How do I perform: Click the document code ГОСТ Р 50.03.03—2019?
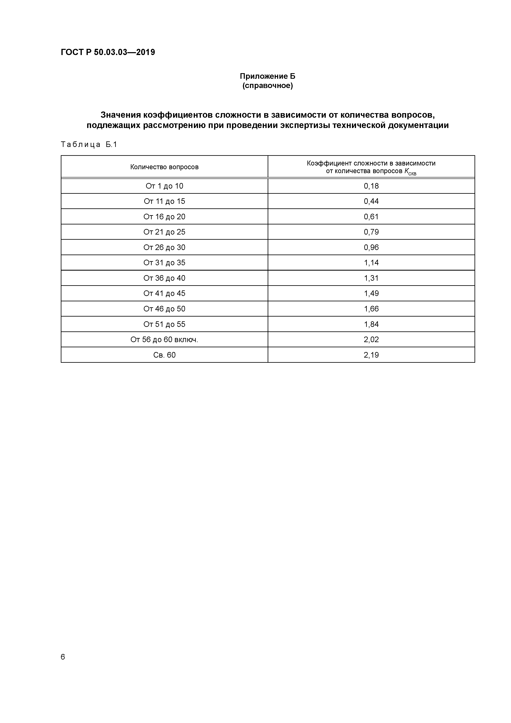108,52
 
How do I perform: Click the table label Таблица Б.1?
89,144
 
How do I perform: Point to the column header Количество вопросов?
164,167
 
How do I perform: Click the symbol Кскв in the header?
410,172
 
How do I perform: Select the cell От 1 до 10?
164,186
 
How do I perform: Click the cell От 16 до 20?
164,217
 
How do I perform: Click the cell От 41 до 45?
164,293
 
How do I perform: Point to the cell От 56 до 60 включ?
164,339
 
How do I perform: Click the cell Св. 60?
164,355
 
